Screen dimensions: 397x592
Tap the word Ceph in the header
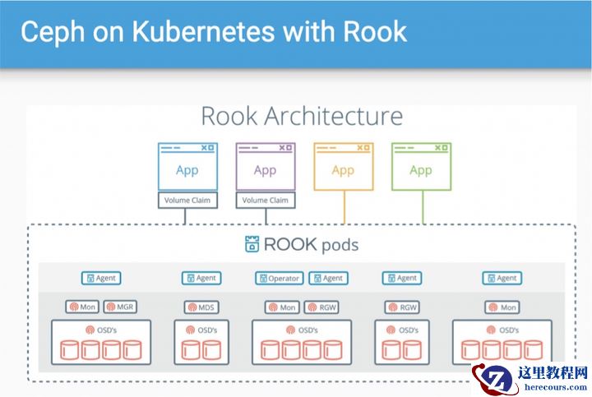49,31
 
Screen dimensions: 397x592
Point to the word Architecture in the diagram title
333,115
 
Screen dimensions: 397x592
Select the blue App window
187,168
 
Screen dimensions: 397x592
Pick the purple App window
265,168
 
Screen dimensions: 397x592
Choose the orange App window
343,168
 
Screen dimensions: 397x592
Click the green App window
421,168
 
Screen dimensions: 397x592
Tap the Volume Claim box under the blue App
187,200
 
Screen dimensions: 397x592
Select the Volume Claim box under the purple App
265,200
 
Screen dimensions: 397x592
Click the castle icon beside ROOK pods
252,244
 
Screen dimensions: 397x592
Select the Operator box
280,279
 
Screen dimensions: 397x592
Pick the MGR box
121,307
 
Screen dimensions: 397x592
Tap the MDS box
201,307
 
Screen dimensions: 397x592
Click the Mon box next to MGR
83,307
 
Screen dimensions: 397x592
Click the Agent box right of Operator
329,279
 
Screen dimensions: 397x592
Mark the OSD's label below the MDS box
201,330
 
